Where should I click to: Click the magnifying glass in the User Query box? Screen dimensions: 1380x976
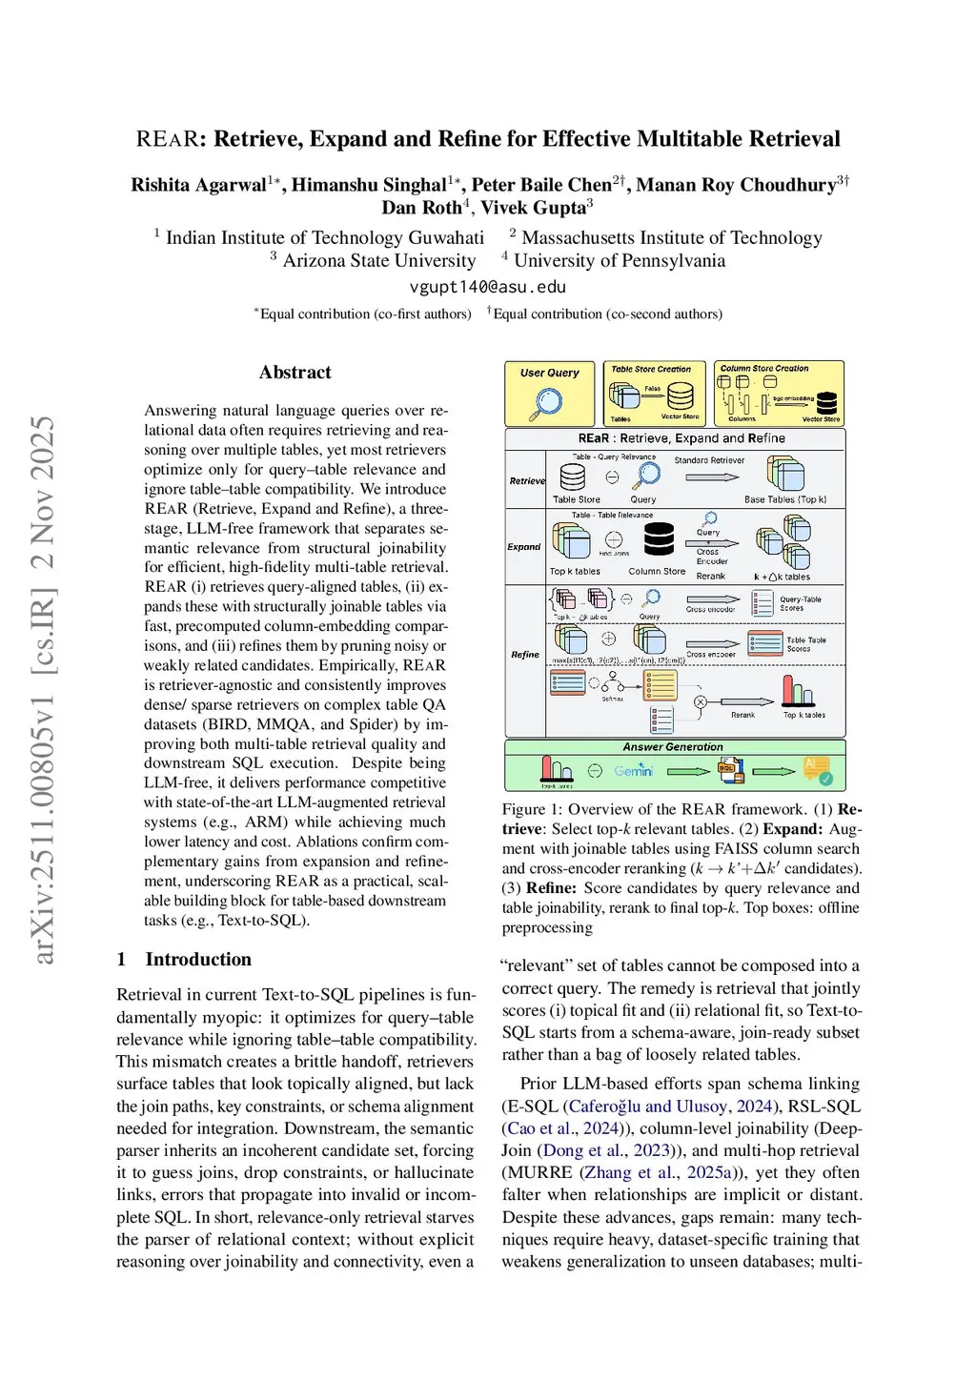(548, 402)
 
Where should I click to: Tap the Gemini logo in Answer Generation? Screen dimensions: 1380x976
(633, 770)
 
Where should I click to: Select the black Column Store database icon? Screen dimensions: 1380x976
(659, 539)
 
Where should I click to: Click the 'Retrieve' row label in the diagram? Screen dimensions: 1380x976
(526, 480)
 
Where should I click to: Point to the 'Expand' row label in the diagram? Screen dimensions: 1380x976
(523, 547)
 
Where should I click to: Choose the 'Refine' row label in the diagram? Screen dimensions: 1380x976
(524, 655)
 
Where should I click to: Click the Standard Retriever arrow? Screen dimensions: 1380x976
(711, 477)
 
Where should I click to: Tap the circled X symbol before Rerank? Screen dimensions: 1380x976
(701, 702)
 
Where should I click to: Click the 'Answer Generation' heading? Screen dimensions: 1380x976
(673, 747)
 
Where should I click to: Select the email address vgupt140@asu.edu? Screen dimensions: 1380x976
(487, 287)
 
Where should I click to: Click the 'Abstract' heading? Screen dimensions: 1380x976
(295, 373)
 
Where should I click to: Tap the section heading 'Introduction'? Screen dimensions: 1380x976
(198, 959)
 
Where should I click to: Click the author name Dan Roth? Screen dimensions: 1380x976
(421, 208)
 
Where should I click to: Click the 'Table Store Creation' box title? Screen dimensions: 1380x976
(651, 369)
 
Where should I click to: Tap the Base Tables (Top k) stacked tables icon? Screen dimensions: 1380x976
(785, 475)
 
